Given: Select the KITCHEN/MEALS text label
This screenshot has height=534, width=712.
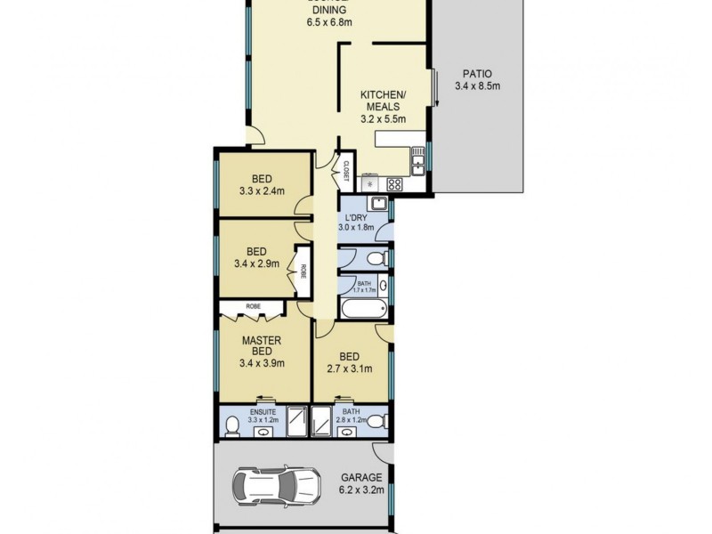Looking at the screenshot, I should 383,100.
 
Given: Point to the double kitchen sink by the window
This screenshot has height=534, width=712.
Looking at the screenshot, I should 417,161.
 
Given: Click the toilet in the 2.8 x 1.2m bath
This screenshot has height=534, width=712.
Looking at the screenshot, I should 377,420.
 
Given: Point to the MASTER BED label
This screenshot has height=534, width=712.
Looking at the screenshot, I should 263,346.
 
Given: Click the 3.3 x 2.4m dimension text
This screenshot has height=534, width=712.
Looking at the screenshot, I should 262,190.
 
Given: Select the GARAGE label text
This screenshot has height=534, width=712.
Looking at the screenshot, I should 360,477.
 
